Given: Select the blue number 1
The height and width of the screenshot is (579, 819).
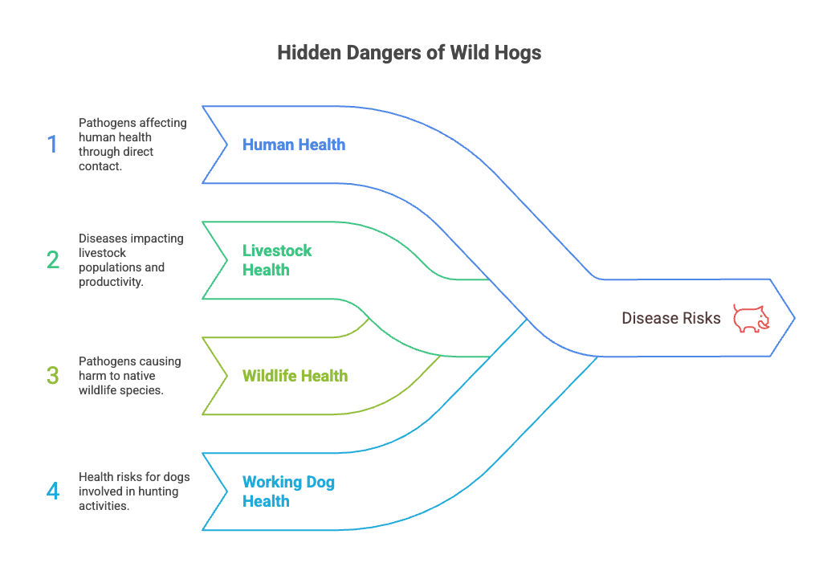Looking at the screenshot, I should [x=52, y=145].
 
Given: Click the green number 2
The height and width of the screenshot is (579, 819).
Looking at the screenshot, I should [x=53, y=260].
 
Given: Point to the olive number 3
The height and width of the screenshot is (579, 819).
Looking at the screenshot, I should [x=53, y=375].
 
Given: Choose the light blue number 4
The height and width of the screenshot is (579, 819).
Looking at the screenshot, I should [x=53, y=491].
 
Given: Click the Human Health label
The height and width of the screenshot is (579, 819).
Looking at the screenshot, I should [x=294, y=145].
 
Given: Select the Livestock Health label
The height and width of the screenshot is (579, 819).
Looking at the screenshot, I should [x=277, y=260].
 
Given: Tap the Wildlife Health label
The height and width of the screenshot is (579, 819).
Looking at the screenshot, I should [x=295, y=376].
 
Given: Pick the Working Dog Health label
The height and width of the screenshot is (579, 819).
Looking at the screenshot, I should [x=288, y=491].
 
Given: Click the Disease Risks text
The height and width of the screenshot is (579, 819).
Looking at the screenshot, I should [x=670, y=318].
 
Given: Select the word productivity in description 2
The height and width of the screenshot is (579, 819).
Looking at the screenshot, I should [x=111, y=282].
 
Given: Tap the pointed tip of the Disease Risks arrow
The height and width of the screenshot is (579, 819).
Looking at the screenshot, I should [x=793, y=318].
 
